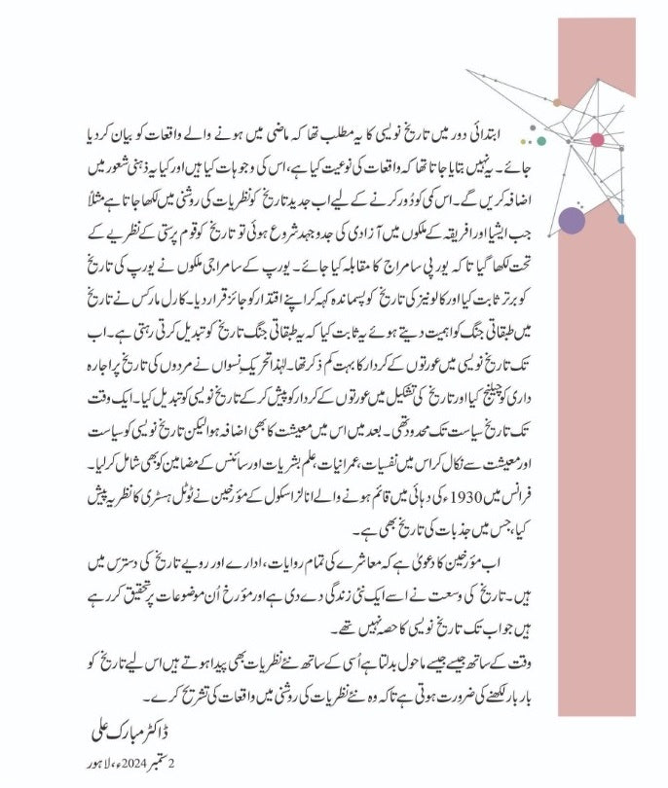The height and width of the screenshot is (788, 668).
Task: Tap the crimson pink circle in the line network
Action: [597, 140]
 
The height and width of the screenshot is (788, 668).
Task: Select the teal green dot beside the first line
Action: [540, 142]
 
